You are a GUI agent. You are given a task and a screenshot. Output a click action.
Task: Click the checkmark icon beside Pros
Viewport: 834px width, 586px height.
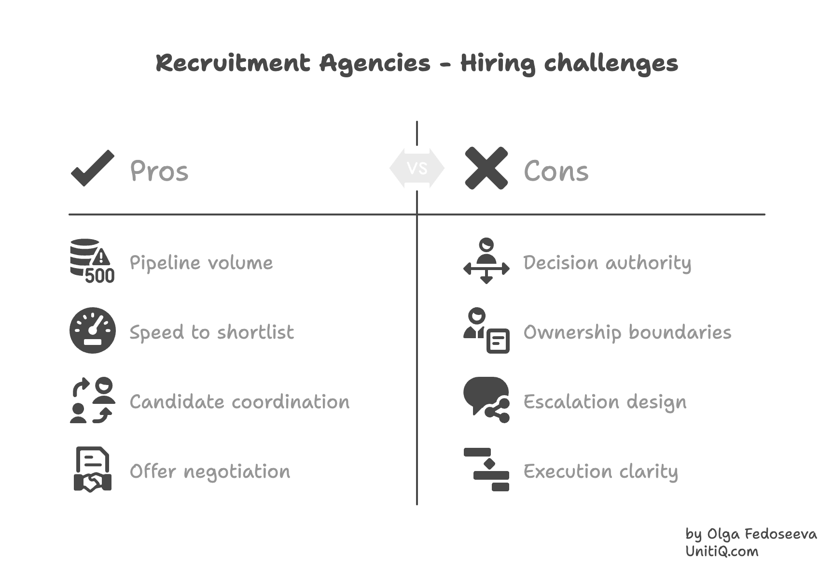93,168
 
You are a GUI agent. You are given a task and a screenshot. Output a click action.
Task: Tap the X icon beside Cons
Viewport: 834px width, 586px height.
486,168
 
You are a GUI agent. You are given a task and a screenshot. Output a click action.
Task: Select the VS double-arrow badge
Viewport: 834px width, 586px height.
417,168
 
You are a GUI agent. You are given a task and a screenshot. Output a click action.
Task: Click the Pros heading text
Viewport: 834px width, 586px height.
159,172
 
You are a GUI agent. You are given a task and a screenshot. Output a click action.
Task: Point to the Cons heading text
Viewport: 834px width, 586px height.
556,172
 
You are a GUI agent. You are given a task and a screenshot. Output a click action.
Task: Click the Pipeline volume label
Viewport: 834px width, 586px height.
201,263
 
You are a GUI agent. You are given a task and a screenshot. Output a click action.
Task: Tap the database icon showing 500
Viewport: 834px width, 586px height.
92,261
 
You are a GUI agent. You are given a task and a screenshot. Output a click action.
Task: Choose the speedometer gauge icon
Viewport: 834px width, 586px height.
93,330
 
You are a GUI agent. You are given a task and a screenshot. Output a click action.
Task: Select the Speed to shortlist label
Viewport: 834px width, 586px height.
211,332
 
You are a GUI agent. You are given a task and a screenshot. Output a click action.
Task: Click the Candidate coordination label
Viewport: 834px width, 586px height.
239,402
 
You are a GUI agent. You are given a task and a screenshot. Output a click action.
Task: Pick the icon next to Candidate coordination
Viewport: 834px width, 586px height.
93,400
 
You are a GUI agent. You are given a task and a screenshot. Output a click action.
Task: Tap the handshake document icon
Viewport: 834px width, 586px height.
93,470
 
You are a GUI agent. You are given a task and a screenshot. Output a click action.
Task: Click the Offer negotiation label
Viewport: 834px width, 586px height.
210,472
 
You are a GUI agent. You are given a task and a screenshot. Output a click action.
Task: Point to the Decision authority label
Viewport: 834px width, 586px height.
607,263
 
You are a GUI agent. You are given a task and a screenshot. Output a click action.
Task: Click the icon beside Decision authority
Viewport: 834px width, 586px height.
486,261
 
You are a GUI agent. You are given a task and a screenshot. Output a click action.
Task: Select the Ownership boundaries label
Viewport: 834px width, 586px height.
627,332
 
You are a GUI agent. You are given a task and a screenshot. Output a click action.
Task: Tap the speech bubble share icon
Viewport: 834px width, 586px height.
486,400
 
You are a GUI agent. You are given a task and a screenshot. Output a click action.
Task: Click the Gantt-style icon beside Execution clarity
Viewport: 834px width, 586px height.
486,470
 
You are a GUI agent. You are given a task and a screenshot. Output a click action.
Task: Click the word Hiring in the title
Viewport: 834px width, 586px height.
498,64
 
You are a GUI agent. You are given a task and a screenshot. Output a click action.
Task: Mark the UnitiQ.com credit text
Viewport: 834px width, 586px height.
722,552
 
